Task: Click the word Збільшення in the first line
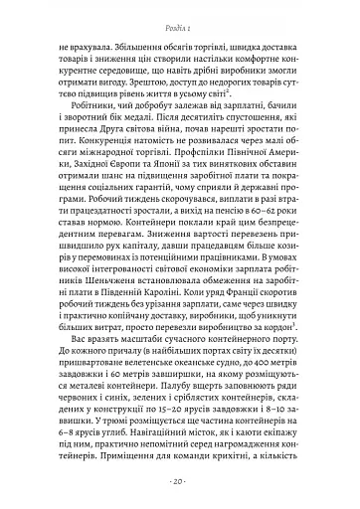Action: click(x=148, y=45)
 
